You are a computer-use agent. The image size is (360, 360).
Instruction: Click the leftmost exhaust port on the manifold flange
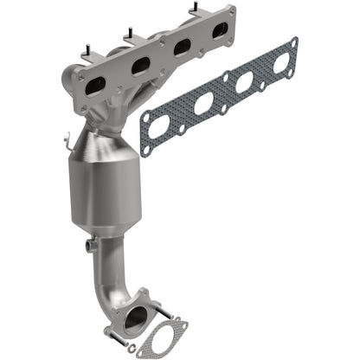point(96,83)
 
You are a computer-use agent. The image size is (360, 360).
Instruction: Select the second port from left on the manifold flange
point(141,65)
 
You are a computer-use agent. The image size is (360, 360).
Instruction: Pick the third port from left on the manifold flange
point(183,47)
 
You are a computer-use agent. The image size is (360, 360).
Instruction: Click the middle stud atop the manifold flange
point(130,35)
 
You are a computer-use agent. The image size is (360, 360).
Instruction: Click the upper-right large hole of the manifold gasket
point(281,62)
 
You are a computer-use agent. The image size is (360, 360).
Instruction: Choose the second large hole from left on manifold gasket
point(204,105)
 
